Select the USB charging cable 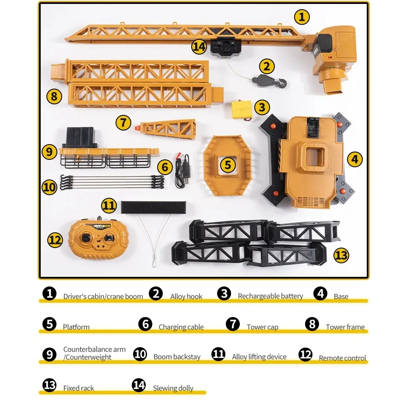[182, 170]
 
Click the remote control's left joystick [85, 238]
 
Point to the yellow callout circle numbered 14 [199, 47]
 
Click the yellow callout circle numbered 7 [123, 122]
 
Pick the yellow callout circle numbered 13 [341, 255]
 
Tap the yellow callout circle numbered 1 [302, 17]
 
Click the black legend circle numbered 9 [49, 354]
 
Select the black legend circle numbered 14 [139, 385]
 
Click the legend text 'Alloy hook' [186, 297]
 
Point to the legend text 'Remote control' [343, 358]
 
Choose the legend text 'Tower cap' [263, 327]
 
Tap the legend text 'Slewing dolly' [173, 388]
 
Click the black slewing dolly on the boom [226, 46]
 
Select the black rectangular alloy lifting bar [153, 207]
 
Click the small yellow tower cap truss [166, 129]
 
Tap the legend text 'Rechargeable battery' [270, 296]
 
